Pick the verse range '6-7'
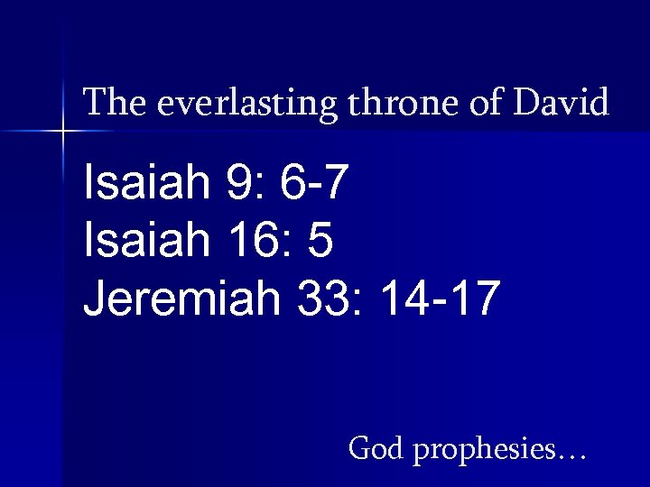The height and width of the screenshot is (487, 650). point(313,184)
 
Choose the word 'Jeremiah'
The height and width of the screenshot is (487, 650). point(181,298)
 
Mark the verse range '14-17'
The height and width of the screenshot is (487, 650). point(439,298)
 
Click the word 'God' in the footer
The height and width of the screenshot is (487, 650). point(376,447)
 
